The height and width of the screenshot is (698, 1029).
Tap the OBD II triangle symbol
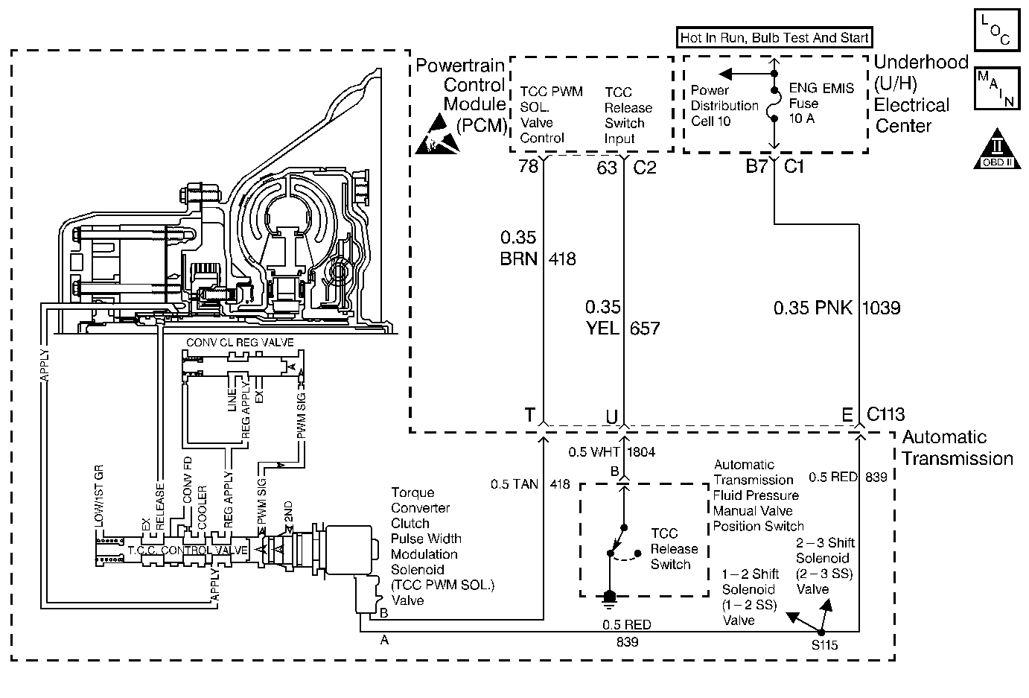click(x=995, y=150)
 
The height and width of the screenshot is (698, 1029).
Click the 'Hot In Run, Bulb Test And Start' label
click(x=774, y=38)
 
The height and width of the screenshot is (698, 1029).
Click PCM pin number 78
click(x=528, y=167)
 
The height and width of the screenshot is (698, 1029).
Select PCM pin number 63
click(x=607, y=168)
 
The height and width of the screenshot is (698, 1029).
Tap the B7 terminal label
click(x=756, y=167)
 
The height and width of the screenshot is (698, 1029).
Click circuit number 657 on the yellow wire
click(x=645, y=328)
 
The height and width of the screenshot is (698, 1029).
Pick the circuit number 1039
click(x=882, y=307)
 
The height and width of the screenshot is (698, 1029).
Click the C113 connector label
click(x=885, y=415)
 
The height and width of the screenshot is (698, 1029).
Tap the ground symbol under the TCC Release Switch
click(x=610, y=595)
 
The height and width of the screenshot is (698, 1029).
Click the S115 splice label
click(x=825, y=645)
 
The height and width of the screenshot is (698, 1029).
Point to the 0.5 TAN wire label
click(x=514, y=484)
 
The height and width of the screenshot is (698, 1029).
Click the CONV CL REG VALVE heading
click(x=239, y=343)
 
